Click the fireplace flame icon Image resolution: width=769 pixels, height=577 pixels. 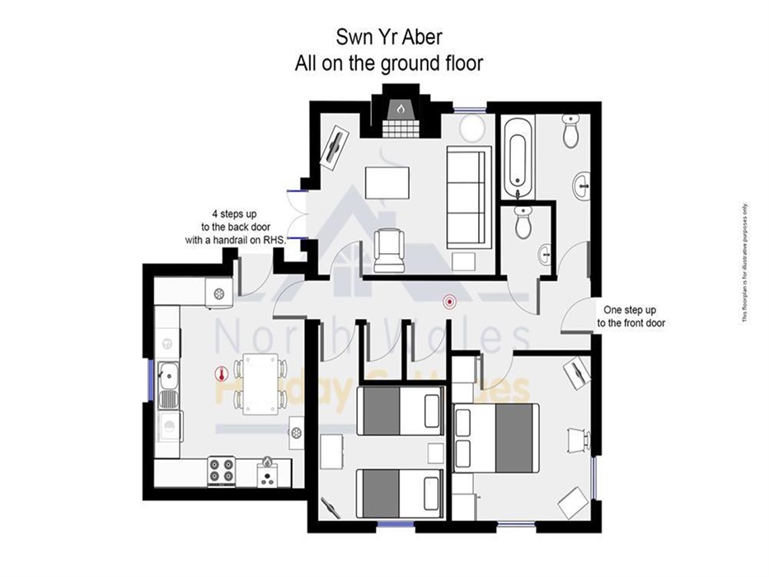click(x=400, y=108)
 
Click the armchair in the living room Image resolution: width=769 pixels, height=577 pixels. click(x=387, y=250)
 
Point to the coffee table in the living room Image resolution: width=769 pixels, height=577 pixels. click(x=387, y=181)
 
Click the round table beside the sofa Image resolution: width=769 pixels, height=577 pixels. click(x=472, y=129)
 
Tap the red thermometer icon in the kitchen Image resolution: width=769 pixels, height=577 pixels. click(x=219, y=373)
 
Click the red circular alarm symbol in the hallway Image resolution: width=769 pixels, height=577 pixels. click(x=448, y=302)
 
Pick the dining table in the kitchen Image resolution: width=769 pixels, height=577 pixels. click(x=260, y=382)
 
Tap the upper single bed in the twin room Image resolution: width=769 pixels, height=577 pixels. click(x=401, y=409)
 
